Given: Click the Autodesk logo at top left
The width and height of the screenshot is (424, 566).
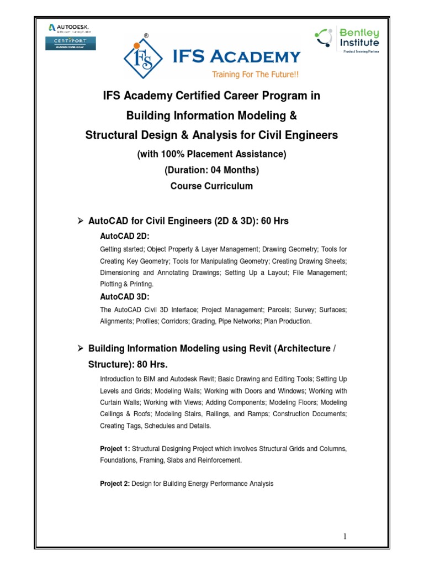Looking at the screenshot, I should point(69,28).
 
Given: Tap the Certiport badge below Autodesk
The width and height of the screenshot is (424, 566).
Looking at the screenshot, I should point(70,43).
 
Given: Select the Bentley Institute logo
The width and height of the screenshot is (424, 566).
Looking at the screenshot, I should point(348,39).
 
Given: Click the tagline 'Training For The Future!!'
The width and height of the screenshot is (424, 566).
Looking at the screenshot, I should point(255,74).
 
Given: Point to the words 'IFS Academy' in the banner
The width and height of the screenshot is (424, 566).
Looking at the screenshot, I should point(245,56).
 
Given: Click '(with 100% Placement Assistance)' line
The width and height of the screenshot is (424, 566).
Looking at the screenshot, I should point(211,154).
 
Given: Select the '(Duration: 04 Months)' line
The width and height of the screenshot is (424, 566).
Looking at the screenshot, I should point(211,170).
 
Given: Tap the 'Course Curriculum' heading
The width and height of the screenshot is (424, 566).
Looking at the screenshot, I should point(211,186).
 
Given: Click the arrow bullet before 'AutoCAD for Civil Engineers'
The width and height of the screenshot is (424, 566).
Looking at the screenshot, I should point(79,221).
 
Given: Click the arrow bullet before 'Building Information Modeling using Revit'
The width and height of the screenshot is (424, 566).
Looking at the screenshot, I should point(79,348).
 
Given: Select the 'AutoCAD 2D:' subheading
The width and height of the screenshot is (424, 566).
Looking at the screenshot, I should point(121,236).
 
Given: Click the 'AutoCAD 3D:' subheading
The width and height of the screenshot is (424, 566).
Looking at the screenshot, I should point(121,297).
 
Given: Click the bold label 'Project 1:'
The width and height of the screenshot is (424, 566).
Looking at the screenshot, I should point(115,448).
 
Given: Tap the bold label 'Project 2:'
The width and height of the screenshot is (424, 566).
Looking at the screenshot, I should point(115,484).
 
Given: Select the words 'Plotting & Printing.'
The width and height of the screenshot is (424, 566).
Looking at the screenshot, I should point(126,284).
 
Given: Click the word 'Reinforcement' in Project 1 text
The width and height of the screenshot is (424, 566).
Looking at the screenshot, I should point(221,460).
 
